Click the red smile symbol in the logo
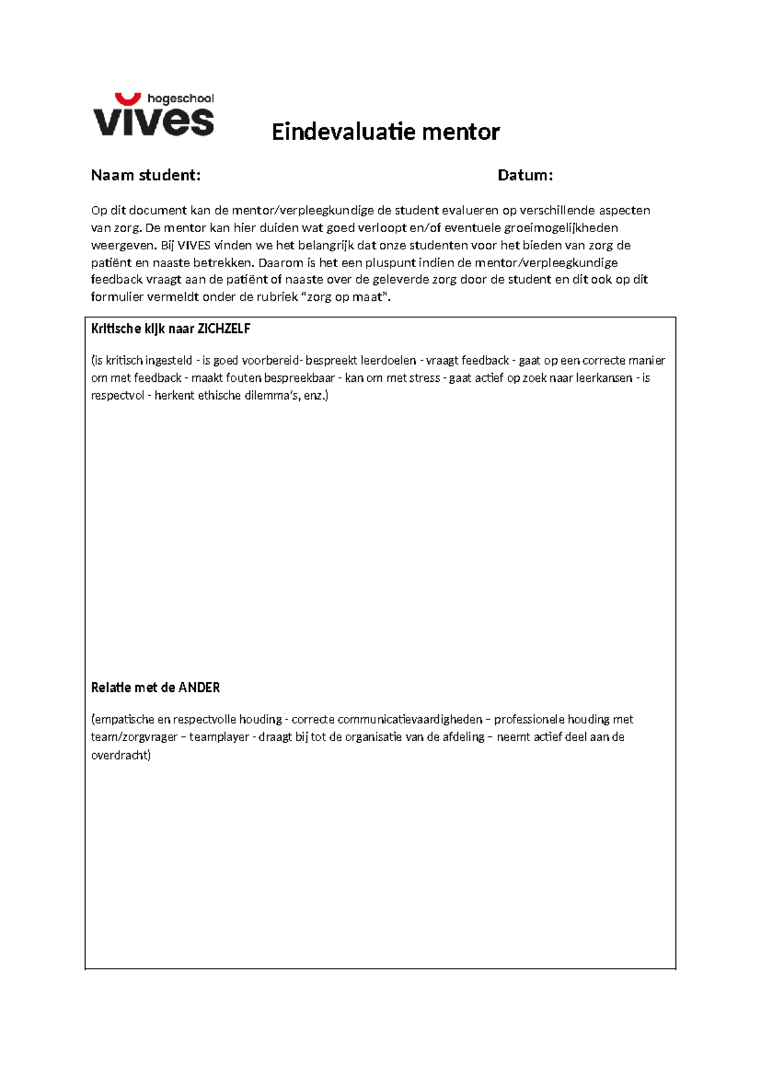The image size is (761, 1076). (x=127, y=98)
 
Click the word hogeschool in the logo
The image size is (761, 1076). (x=180, y=98)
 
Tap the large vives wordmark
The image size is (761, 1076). (x=153, y=121)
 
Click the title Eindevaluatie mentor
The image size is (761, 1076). (x=386, y=132)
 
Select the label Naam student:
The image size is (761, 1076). (x=146, y=175)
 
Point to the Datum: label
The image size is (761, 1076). (x=525, y=175)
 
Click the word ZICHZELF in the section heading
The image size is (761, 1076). (x=224, y=329)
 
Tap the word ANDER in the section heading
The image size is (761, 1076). (x=199, y=688)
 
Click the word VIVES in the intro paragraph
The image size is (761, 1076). (x=194, y=246)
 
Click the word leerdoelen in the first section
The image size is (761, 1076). (x=388, y=360)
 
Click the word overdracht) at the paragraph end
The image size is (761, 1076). (x=121, y=755)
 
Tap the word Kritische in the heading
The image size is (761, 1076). (x=116, y=329)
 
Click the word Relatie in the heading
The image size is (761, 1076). (x=111, y=688)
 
